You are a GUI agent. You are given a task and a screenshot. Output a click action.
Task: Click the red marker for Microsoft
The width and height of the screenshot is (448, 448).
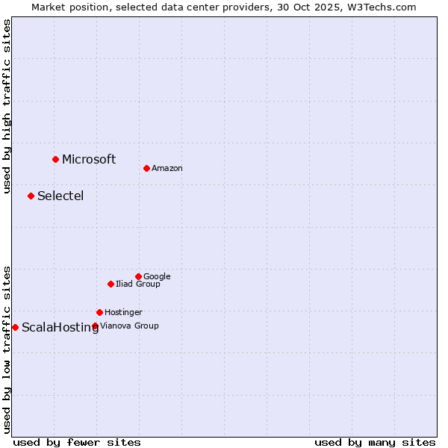[55, 159]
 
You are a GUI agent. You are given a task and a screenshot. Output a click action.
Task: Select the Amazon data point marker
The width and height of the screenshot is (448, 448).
[146, 168]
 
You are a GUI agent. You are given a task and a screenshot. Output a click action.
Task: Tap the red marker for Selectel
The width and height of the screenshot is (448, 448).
[31, 196]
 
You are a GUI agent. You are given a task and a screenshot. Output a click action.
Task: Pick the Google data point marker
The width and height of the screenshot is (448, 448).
[138, 276]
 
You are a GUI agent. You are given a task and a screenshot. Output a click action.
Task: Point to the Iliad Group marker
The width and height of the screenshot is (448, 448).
[111, 284]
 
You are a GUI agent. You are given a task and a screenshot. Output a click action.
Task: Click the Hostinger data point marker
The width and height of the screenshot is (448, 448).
[99, 312]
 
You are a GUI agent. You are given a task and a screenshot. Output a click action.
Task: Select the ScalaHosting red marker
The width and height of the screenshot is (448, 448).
[15, 327]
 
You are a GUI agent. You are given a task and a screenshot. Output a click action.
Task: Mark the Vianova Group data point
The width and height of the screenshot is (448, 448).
[95, 326]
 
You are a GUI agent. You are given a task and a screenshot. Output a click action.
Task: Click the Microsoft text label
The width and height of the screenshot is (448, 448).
[89, 159]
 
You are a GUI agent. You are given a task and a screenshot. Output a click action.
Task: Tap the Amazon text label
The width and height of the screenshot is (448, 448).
[167, 169]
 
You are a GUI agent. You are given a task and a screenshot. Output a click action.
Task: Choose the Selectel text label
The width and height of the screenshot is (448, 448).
[60, 196]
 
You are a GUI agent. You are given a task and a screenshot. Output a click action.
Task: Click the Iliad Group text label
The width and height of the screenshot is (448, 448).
[138, 284]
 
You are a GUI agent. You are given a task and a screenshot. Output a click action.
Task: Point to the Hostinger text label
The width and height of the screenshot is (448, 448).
[123, 313]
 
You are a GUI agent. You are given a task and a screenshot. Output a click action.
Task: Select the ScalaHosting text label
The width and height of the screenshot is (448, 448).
[60, 328]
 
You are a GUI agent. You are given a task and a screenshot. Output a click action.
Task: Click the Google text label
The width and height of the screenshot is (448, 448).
[157, 277]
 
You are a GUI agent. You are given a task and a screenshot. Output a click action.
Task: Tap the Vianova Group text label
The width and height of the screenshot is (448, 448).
[129, 326]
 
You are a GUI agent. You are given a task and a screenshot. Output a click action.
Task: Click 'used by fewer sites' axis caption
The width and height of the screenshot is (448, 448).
[77, 443]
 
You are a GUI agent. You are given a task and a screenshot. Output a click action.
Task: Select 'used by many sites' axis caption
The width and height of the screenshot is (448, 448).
[375, 443]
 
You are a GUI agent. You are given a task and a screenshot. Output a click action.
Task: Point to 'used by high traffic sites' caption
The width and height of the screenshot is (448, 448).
[7, 106]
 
